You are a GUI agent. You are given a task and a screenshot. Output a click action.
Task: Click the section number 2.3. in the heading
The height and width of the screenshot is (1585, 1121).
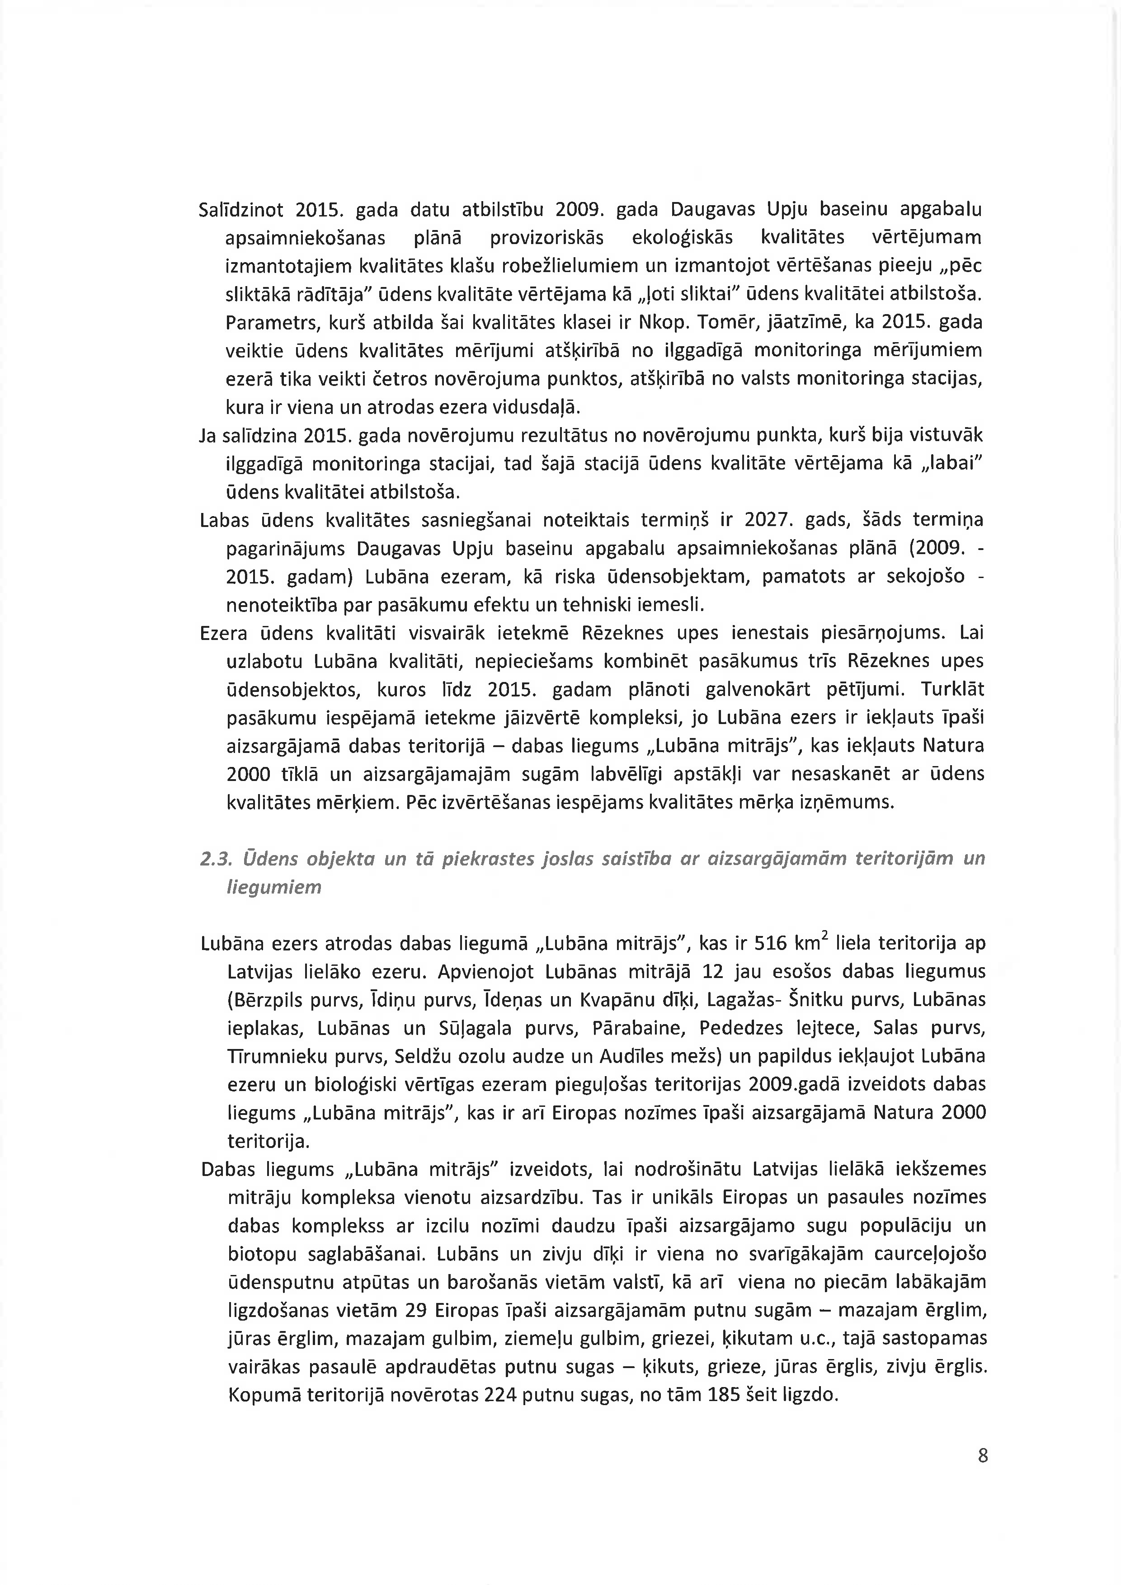[214, 858]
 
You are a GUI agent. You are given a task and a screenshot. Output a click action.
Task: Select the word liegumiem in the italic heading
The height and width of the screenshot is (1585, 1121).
[274, 887]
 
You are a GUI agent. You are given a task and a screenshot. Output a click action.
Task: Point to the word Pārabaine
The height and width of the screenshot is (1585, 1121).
[638, 1028]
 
